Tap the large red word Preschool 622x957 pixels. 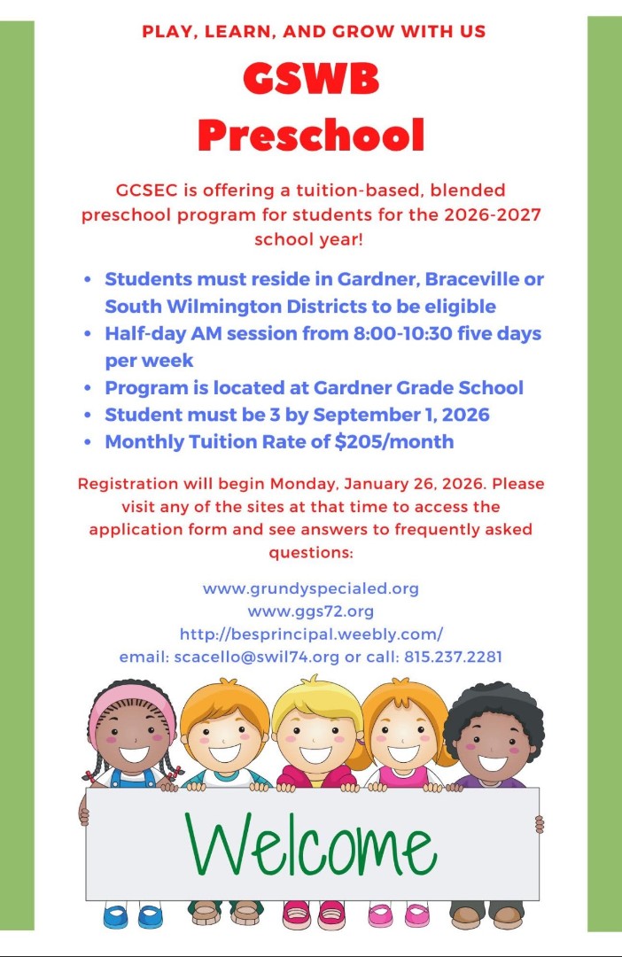coord(311,135)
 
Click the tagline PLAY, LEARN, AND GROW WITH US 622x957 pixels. coord(315,32)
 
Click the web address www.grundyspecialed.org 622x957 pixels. coord(311,588)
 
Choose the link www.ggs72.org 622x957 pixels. coord(311,611)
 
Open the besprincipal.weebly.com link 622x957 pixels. coord(311,634)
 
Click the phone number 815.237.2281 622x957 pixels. coord(454,657)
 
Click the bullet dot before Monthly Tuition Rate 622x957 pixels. coord(87,442)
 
